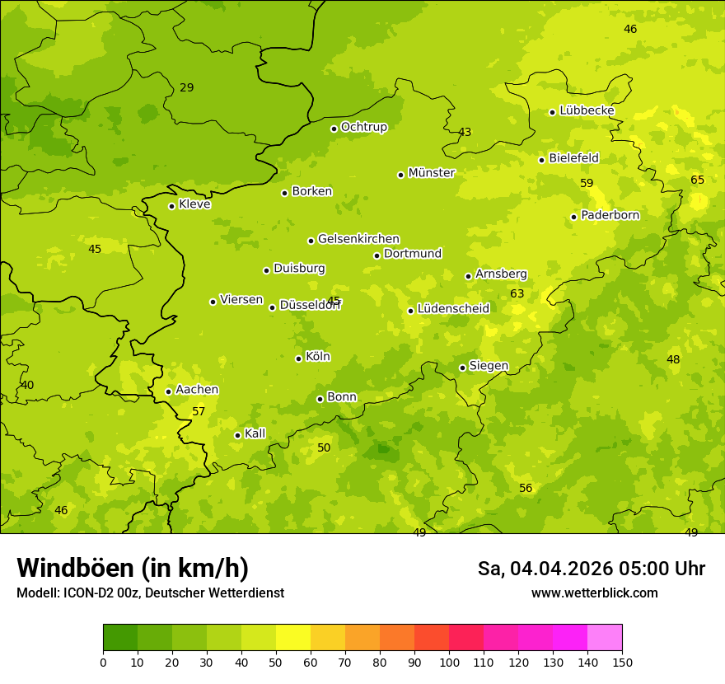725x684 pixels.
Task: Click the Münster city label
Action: point(431,173)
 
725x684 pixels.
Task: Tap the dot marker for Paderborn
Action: point(574,217)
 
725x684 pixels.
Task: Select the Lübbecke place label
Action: point(587,110)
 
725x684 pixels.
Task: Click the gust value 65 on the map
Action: point(698,180)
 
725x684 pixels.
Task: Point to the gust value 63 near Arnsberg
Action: point(517,293)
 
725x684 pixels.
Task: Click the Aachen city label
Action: point(197,390)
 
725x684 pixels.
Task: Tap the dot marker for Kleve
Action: point(171,206)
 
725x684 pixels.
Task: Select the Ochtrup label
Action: point(363,127)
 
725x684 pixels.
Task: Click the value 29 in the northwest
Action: point(187,87)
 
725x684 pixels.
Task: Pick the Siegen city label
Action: point(489,366)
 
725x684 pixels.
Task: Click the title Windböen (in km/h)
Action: point(133,568)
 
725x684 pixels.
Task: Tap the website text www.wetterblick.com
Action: point(594,593)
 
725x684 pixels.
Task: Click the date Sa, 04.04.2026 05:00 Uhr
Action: point(591,569)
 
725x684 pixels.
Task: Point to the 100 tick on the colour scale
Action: point(449,662)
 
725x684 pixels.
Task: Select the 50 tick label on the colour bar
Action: point(276,662)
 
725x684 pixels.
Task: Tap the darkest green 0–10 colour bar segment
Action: point(120,637)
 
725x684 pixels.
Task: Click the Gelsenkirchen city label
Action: point(358,239)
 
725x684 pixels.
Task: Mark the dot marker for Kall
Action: point(237,435)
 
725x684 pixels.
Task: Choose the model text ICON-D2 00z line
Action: point(150,593)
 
